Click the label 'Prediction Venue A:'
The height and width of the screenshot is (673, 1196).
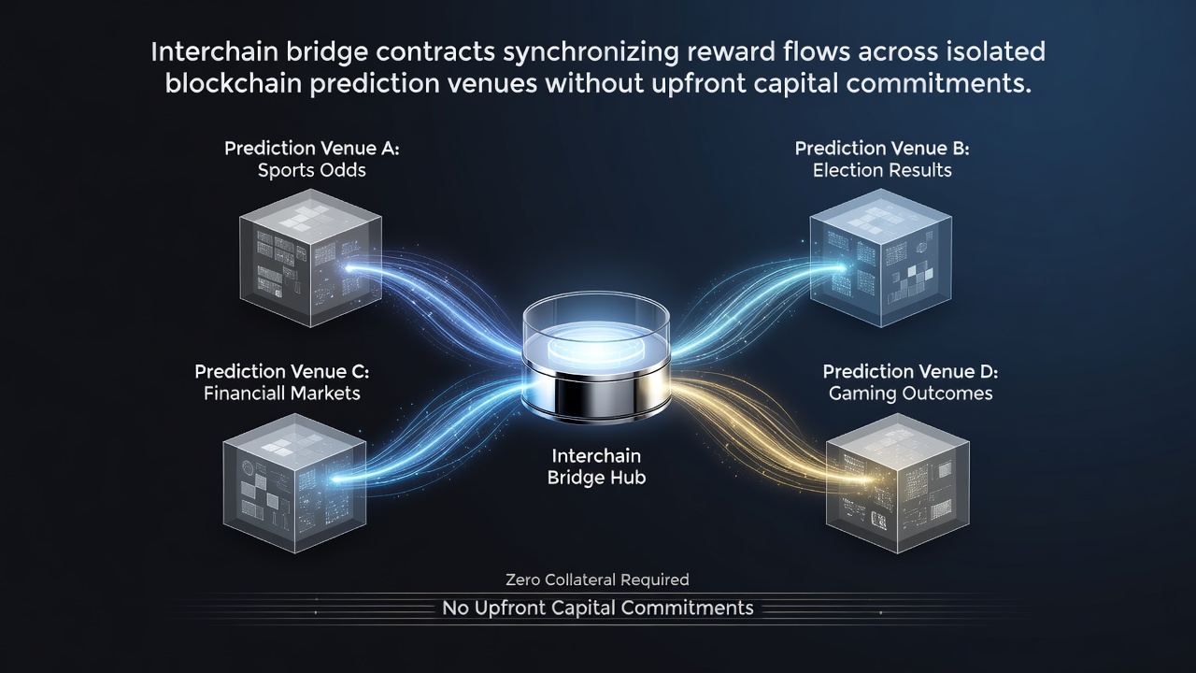(312, 148)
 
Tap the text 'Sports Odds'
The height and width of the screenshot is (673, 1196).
(312, 170)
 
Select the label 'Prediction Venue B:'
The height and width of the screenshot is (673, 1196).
(882, 148)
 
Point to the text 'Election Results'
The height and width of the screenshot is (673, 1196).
(882, 170)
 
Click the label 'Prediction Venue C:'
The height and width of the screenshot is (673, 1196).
(282, 371)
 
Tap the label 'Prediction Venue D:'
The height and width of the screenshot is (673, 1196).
(910, 371)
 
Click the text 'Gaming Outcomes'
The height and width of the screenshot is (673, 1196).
(910, 394)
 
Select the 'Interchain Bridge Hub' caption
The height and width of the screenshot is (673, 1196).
(596, 466)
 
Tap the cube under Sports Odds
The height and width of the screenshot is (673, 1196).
(311, 257)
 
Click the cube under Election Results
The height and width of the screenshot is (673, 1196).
(881, 257)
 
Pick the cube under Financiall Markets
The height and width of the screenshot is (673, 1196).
(294, 483)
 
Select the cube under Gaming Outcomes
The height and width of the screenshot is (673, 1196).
(898, 483)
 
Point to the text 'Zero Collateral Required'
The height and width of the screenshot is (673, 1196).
(597, 580)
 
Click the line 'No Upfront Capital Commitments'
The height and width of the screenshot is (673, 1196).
(598, 608)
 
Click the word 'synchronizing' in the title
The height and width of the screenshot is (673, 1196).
(591, 52)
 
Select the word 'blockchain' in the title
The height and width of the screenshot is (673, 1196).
(234, 84)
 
